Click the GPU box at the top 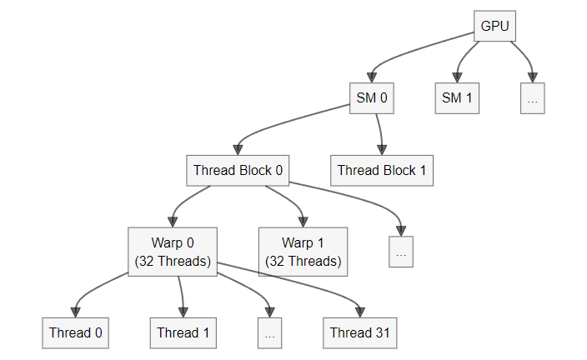pyautogui.click(x=494, y=26)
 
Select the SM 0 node pyautogui.click(x=372, y=98)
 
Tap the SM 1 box pyautogui.click(x=457, y=98)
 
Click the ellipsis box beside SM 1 pyautogui.click(x=532, y=98)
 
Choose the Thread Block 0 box pyautogui.click(x=238, y=170)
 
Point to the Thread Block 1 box pyautogui.click(x=382, y=170)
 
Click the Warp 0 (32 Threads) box pyautogui.click(x=173, y=252)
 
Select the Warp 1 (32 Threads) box pyautogui.click(x=304, y=252)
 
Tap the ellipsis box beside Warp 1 pyautogui.click(x=401, y=252)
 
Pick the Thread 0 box pyautogui.click(x=76, y=333)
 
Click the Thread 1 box pyautogui.click(x=183, y=333)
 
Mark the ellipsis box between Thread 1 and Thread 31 pyautogui.click(x=269, y=333)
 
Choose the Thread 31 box pyautogui.click(x=359, y=333)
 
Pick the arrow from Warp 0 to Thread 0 pyautogui.click(x=93, y=289)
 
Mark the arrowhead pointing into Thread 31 pyautogui.click(x=359, y=312)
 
